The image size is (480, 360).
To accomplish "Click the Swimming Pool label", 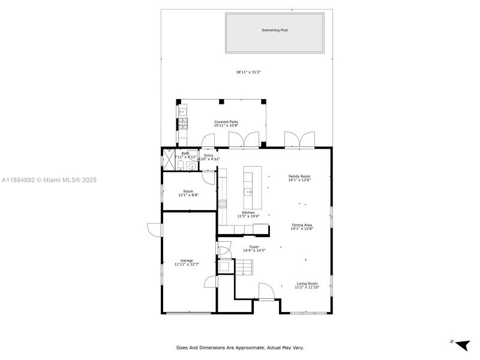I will pyautogui.click(x=274, y=30).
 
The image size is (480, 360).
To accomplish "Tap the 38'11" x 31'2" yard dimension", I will pyautogui.click(x=248, y=72).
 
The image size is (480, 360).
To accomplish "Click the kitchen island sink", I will pyautogui.click(x=248, y=192).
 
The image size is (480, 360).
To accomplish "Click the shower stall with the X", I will pyautogui.click(x=169, y=161).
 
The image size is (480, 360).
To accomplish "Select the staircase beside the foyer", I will pyautogui.click(x=243, y=266).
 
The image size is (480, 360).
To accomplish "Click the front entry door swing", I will pyautogui.click(x=266, y=290).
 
